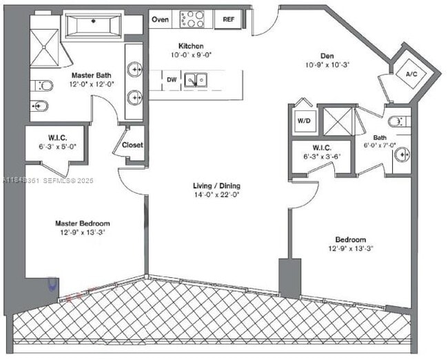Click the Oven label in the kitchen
tap(161, 19)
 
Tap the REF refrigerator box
tap(227, 19)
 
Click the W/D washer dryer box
tap(304, 121)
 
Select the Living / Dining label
tap(217, 186)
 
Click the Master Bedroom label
tap(83, 223)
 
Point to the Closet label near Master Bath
tap(132, 145)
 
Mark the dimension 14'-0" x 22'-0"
tap(217, 194)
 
